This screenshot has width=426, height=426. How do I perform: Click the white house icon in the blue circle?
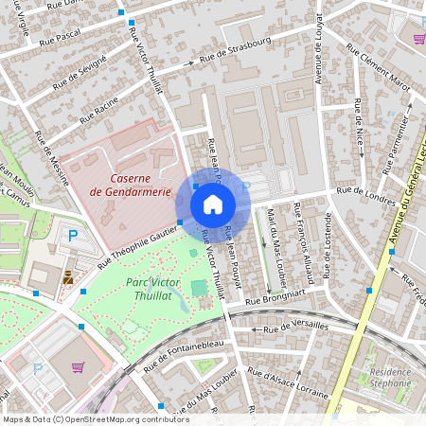[213, 204]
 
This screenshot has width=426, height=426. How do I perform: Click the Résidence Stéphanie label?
[390, 379]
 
